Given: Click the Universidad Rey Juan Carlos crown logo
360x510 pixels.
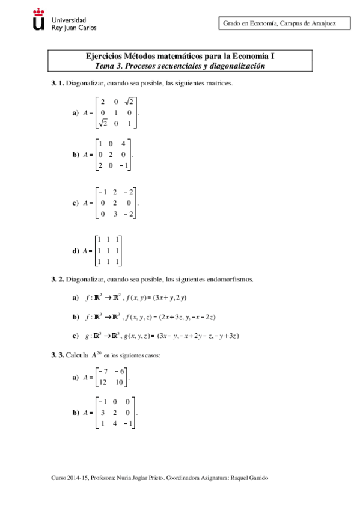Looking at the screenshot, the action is tap(39, 20).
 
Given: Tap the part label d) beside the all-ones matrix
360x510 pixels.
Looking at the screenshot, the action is tap(76, 251).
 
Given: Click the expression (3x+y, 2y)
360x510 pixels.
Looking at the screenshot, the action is tap(171, 298).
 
